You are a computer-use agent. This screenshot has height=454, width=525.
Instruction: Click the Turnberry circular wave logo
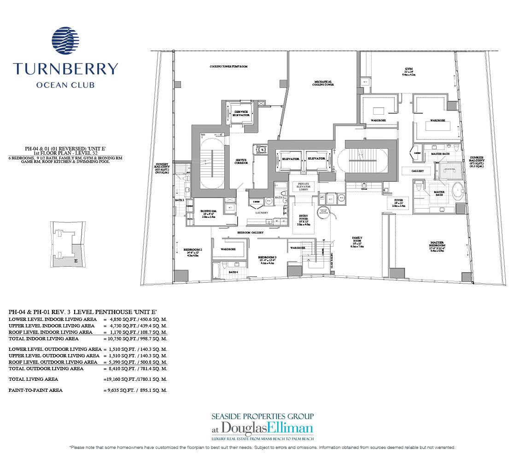[x=65, y=43]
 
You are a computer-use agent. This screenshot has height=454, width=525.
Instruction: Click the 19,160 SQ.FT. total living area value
[x=122, y=379]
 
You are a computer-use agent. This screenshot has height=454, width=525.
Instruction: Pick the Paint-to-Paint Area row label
[x=36, y=390]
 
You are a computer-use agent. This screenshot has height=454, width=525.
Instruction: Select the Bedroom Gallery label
[x=250, y=233]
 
